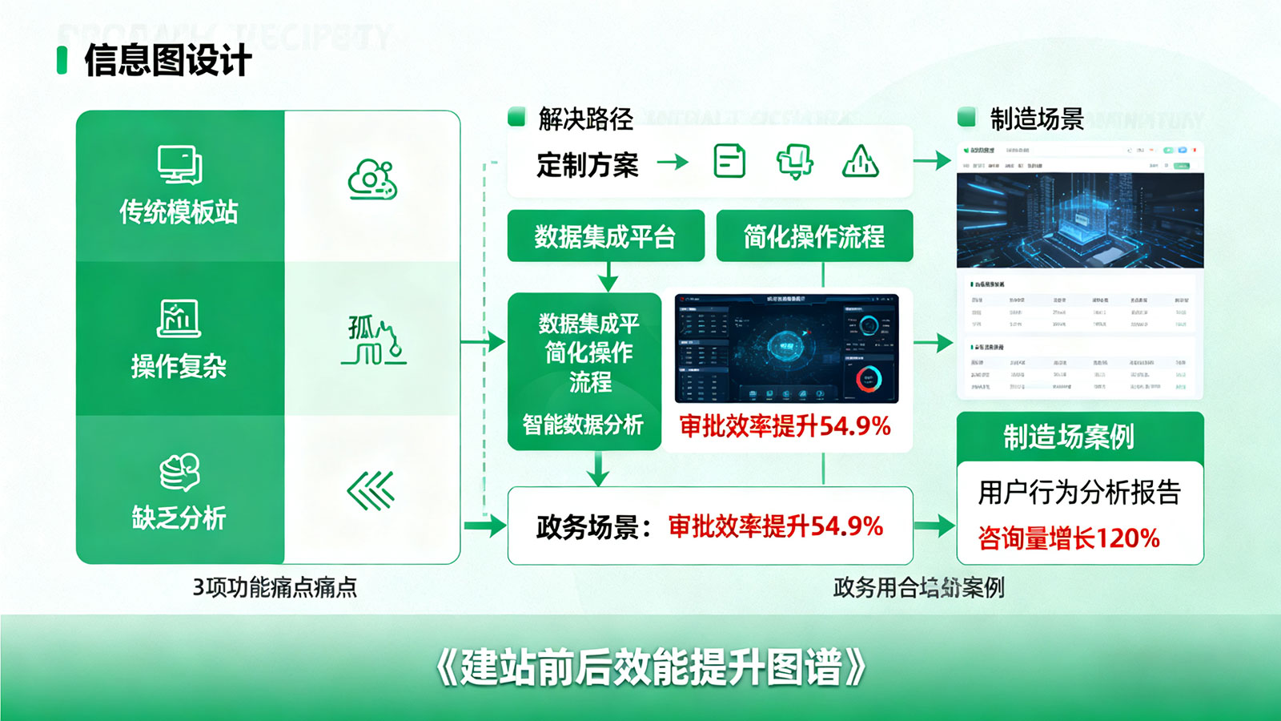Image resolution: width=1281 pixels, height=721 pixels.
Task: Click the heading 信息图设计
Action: [x=167, y=61]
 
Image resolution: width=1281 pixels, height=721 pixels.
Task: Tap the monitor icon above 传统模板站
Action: [x=179, y=165]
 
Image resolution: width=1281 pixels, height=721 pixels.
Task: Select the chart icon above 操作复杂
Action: [x=179, y=318]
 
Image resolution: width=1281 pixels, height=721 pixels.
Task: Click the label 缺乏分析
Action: [x=179, y=518]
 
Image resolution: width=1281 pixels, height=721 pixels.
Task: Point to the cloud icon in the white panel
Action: [x=371, y=179]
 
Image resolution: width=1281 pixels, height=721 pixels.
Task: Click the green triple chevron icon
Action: [x=371, y=490]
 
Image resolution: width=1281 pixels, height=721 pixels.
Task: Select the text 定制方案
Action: [x=587, y=165]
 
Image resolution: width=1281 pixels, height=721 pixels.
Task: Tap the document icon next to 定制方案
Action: [x=729, y=162]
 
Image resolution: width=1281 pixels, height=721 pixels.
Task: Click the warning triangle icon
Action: [x=861, y=162]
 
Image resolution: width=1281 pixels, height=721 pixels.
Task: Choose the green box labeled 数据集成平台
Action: [x=605, y=236]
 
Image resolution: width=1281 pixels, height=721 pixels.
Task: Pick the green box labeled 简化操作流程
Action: [x=814, y=236]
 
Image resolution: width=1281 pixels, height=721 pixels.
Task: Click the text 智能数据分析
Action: [x=583, y=425]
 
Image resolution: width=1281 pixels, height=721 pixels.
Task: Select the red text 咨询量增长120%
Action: [x=1069, y=538]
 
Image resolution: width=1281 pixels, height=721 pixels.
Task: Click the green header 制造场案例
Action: [x=1069, y=437]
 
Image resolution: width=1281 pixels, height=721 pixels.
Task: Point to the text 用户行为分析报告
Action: [x=1079, y=493]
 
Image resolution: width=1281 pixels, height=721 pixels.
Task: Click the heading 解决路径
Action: [x=585, y=119]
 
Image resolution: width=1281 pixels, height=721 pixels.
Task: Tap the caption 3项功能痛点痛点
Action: [x=275, y=587]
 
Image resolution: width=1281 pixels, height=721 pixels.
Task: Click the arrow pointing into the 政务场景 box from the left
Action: [x=486, y=526]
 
